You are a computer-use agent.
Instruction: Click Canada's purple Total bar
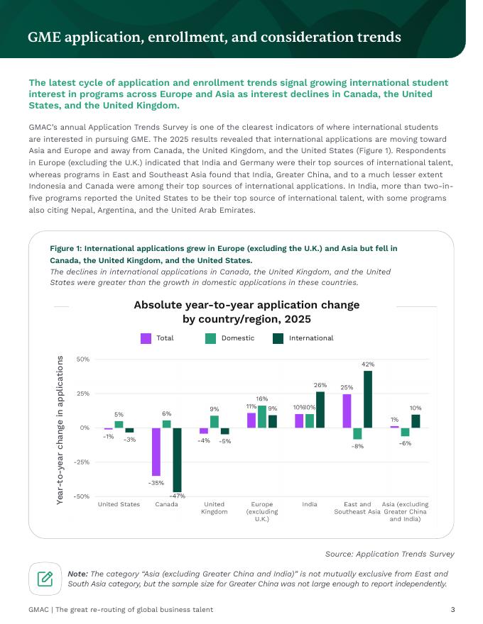tap(156, 452)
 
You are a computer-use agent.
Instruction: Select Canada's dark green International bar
tap(177, 459)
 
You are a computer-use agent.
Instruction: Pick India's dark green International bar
tap(320, 410)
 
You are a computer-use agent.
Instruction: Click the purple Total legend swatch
tap(146, 338)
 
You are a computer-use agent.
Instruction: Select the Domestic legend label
tap(238, 338)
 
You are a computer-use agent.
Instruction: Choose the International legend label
tap(311, 338)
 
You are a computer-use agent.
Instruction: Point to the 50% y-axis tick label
tap(82, 359)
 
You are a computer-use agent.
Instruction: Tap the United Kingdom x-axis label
tap(214, 508)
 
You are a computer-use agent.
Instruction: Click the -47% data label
tap(177, 496)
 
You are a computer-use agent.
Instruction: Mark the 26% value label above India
tap(320, 385)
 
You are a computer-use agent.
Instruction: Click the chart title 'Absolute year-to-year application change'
tap(246, 306)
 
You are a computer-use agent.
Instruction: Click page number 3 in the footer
tap(452, 610)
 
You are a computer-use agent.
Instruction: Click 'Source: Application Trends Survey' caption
tap(389, 554)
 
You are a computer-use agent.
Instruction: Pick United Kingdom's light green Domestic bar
tap(214, 421)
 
